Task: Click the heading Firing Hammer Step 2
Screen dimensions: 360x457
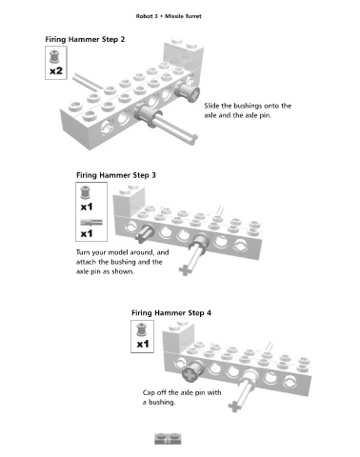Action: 85,40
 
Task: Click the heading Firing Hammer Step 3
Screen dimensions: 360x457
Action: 116,175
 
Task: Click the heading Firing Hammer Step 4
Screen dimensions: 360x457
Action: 171,313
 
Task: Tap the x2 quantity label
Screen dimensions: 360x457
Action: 56,70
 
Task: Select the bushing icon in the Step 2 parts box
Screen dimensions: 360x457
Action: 54,56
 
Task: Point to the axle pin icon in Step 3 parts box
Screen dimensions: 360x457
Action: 91,222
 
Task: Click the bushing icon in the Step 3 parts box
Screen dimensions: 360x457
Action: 86,192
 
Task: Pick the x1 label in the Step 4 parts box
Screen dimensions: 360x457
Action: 143,344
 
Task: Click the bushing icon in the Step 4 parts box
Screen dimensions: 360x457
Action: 141,329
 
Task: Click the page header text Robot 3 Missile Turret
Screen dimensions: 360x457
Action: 169,16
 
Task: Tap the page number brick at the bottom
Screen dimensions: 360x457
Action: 168,439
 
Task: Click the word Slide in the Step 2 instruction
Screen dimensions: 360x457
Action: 211,106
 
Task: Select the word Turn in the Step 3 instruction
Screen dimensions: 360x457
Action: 83,252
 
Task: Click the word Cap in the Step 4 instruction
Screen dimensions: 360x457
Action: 149,393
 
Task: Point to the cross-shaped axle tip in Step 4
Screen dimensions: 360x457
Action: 234,407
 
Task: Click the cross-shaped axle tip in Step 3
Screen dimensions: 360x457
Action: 185,270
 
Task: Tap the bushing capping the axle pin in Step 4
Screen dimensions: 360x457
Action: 192,371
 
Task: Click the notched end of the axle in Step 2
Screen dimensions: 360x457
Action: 193,139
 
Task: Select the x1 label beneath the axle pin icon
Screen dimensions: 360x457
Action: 87,234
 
